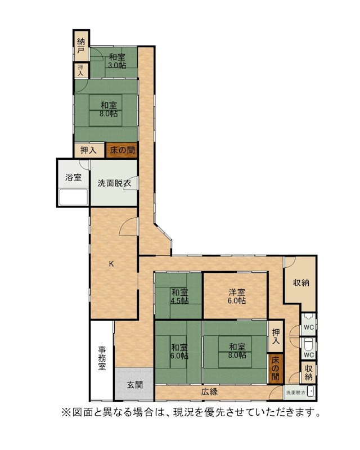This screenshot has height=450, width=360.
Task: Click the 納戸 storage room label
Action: [81, 46]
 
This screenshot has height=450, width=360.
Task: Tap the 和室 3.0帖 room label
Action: [117, 61]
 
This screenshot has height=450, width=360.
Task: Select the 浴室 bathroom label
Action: [74, 177]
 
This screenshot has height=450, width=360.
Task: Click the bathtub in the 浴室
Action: [73, 197]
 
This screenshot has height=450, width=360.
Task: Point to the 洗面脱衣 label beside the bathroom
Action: [114, 183]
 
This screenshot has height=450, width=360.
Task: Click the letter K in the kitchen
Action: [111, 264]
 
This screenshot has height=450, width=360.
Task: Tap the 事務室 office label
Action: [102, 358]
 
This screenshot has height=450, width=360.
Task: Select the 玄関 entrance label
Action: [135, 385]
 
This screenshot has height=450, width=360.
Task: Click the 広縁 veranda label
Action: [209, 391]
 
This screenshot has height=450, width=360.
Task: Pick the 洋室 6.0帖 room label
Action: [237, 296]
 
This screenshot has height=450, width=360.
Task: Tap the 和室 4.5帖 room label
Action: [179, 296]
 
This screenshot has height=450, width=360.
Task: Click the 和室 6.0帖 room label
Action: [179, 352]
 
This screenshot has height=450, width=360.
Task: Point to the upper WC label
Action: [309, 327]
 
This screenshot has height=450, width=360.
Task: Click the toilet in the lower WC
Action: [308, 344]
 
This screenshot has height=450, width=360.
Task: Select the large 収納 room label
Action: [301, 283]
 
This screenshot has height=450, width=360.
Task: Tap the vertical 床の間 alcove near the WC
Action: [275, 368]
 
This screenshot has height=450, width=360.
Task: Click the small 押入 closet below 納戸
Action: [81, 70]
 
